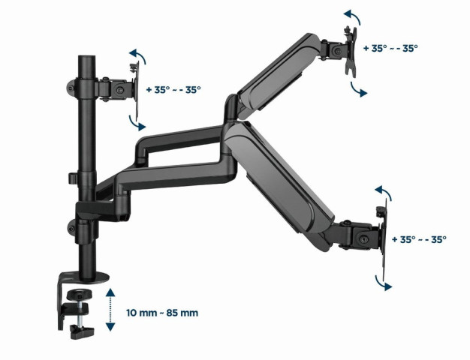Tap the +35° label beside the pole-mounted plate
[x=172, y=89]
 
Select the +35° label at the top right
[x=390, y=47]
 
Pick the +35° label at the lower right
[x=419, y=239]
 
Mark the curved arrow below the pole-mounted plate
[x=136, y=121]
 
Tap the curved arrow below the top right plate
[x=360, y=88]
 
